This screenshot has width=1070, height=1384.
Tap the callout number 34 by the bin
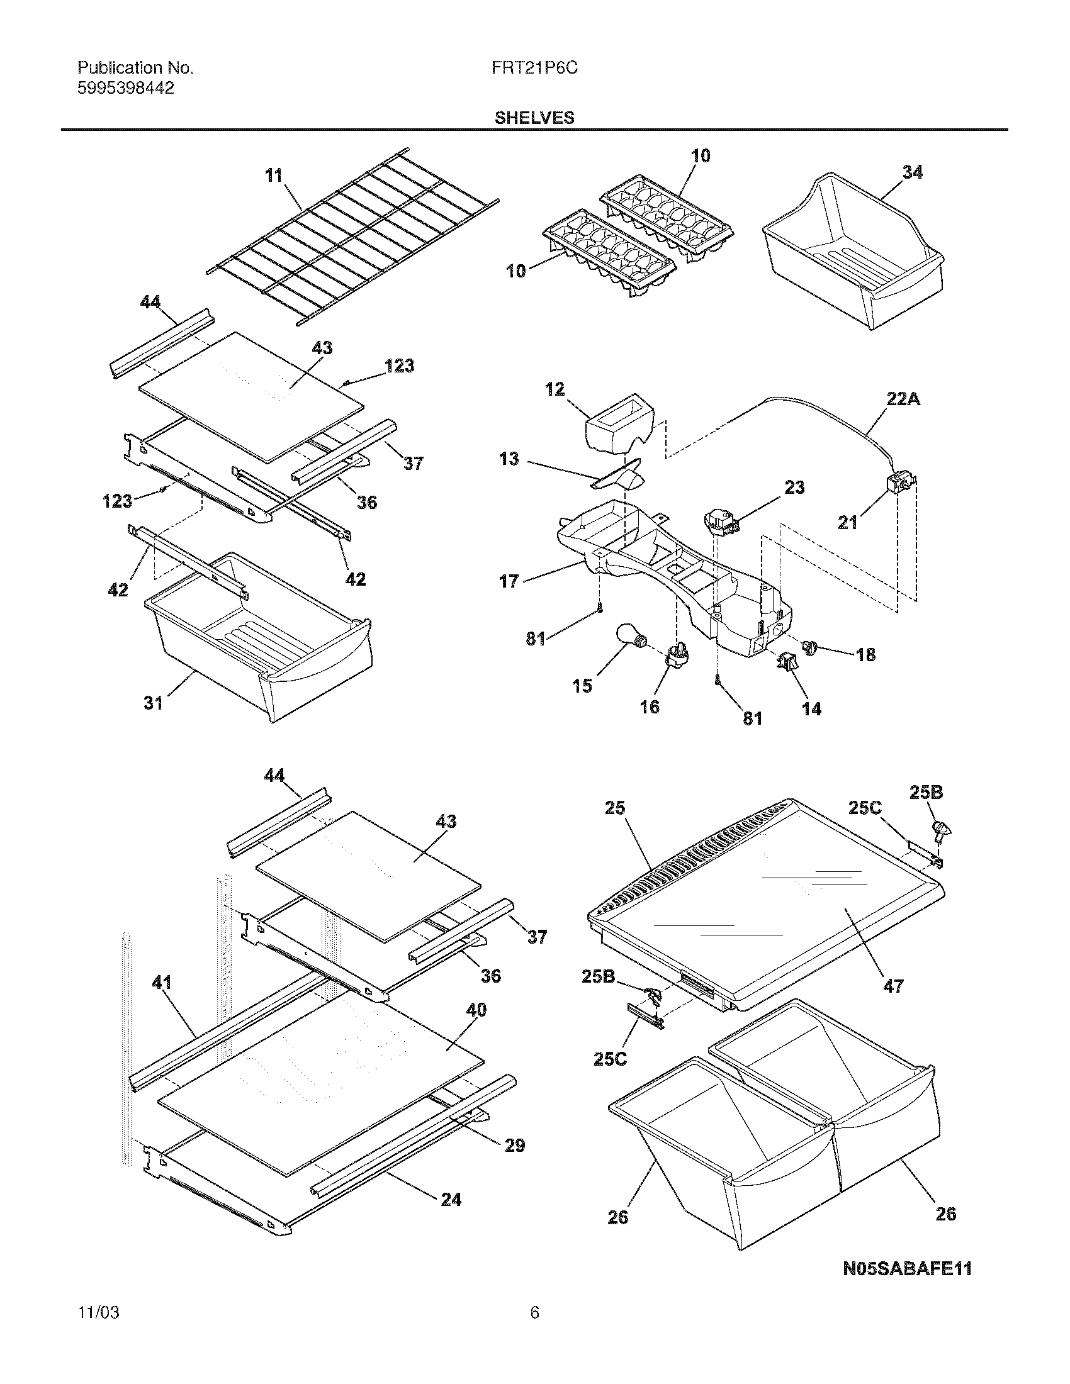pyautogui.click(x=912, y=172)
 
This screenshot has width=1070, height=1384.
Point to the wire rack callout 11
pyautogui.click(x=274, y=175)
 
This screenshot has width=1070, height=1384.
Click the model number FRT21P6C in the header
pyautogui.click(x=534, y=69)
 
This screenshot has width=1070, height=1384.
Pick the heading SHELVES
pyautogui.click(x=534, y=118)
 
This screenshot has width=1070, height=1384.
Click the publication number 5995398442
pyautogui.click(x=125, y=88)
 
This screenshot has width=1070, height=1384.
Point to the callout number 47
pyautogui.click(x=893, y=985)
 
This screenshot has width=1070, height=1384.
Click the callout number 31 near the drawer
pyautogui.click(x=153, y=703)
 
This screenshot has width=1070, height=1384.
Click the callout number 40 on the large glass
pyautogui.click(x=476, y=1010)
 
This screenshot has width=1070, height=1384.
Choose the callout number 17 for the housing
pyautogui.click(x=509, y=581)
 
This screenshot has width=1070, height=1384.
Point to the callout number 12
pyautogui.click(x=555, y=389)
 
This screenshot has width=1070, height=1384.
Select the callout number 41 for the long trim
pyautogui.click(x=162, y=983)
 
